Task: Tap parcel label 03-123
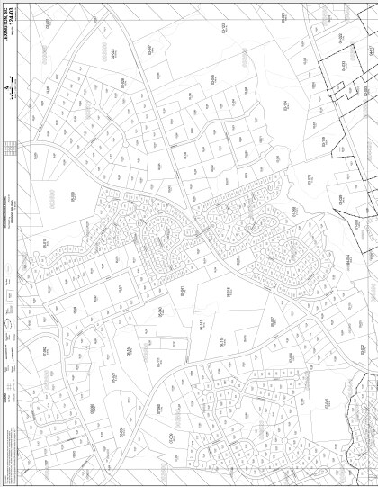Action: point(223,32)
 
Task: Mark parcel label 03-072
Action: point(310,180)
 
